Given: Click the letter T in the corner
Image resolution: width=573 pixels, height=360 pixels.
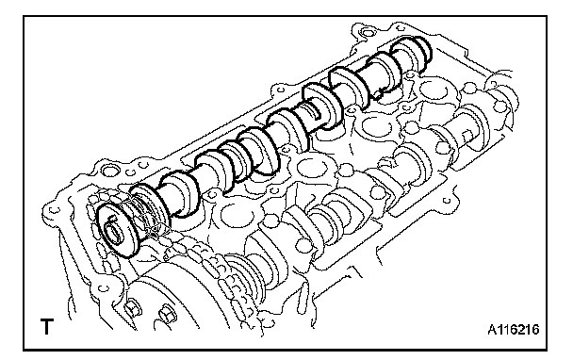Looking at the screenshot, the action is tap(46, 326).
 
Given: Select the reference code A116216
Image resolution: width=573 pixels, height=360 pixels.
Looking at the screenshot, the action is tap(514, 330).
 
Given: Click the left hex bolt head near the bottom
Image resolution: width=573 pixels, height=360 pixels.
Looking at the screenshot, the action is tap(134, 307).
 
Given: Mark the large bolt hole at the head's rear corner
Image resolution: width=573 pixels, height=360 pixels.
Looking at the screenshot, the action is tap(365, 30).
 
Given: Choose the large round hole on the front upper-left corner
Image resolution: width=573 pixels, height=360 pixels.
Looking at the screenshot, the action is tap(109, 171).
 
